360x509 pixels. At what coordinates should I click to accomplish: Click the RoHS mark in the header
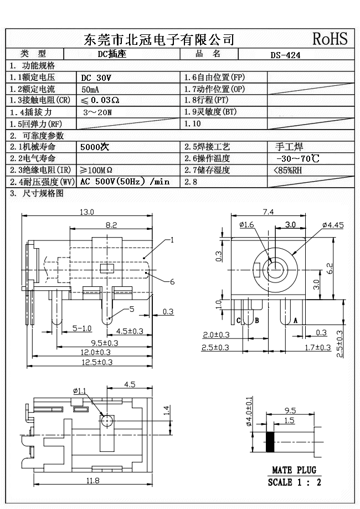point(330,38)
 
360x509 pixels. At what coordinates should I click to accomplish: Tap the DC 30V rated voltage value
point(96,78)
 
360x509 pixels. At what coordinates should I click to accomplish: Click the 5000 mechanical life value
point(95,147)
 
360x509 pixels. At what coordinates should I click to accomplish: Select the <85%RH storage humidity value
point(289,170)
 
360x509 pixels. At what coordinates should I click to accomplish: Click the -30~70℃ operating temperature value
point(297,159)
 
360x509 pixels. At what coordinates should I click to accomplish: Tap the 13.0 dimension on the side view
point(87,212)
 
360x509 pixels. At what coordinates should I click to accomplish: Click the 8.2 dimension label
point(111,224)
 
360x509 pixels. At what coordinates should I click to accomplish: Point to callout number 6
point(172,282)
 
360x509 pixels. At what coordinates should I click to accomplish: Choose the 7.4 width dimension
point(268,212)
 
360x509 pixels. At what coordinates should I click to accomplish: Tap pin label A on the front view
point(295,321)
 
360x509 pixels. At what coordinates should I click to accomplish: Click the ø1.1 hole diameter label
point(80,391)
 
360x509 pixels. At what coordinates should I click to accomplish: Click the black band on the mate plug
point(270,441)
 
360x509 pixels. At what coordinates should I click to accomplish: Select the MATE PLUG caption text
point(294,470)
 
